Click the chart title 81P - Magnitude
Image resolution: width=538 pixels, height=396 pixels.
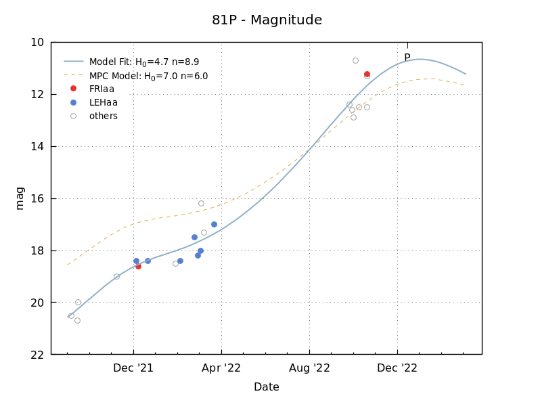(x=267, y=20)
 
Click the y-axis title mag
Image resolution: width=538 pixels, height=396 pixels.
(x=20, y=198)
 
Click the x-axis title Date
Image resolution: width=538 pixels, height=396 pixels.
(x=266, y=387)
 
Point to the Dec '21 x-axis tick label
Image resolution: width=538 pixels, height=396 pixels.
(x=133, y=368)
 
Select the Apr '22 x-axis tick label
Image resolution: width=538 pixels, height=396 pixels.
(x=221, y=368)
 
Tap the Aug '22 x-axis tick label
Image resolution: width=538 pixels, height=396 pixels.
(x=309, y=368)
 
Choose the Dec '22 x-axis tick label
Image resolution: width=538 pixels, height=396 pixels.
(x=397, y=368)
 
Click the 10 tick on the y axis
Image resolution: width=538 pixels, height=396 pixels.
(x=37, y=42)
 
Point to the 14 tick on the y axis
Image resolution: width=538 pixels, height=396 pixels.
(x=37, y=146)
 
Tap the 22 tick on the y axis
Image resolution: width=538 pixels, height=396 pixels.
(x=37, y=355)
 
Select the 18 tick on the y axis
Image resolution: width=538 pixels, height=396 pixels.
(x=37, y=250)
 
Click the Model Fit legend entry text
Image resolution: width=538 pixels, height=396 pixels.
(x=144, y=62)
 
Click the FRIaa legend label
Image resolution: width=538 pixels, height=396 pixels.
(x=102, y=89)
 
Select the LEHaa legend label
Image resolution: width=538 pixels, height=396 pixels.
(x=103, y=102)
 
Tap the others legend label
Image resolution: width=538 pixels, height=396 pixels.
(x=103, y=116)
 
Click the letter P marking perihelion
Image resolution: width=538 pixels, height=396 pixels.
(x=407, y=58)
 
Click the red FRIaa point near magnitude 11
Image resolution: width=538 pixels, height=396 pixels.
(x=367, y=74)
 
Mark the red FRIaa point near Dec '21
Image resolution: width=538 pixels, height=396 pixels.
(x=138, y=266)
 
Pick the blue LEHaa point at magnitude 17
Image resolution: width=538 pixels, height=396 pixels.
(x=214, y=224)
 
